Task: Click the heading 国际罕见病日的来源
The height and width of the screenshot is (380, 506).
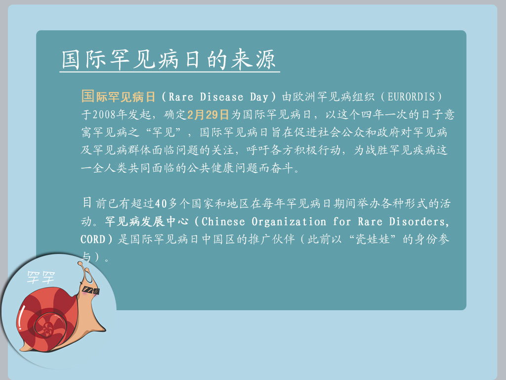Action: click(168, 59)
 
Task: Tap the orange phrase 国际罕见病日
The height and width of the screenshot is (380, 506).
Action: click(119, 96)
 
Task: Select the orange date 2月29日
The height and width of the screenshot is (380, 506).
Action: click(208, 114)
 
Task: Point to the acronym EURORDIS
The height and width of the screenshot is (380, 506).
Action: click(411, 96)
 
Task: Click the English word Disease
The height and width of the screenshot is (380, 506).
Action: click(221, 96)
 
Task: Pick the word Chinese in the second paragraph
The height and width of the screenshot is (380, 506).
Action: click(223, 221)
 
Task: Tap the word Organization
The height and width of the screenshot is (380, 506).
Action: click(289, 221)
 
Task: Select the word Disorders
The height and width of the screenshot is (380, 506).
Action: click(419, 221)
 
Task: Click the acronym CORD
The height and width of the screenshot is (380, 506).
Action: click(93, 239)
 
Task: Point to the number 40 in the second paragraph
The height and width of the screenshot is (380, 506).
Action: click(161, 203)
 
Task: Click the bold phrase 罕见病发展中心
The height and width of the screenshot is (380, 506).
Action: click(146, 221)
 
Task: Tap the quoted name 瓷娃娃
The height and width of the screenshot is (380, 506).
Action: click(373, 239)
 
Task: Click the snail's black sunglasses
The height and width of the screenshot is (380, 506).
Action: click(91, 290)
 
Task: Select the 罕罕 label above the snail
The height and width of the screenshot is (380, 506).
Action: click(41, 278)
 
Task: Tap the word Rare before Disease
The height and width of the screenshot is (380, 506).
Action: click(181, 96)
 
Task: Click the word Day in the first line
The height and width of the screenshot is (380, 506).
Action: click(259, 96)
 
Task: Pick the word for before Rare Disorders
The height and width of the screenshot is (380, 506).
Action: click(342, 221)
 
